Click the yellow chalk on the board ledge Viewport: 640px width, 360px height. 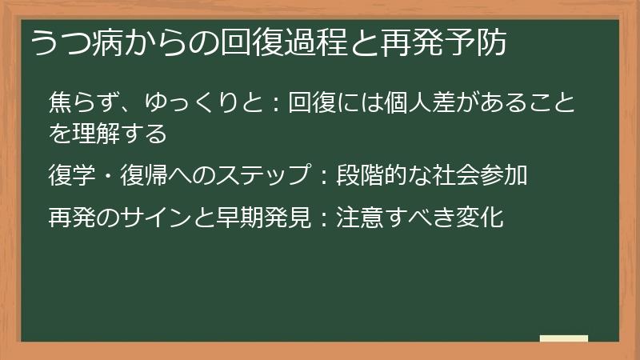click(564, 338)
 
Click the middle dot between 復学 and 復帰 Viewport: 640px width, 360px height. click(107, 174)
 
